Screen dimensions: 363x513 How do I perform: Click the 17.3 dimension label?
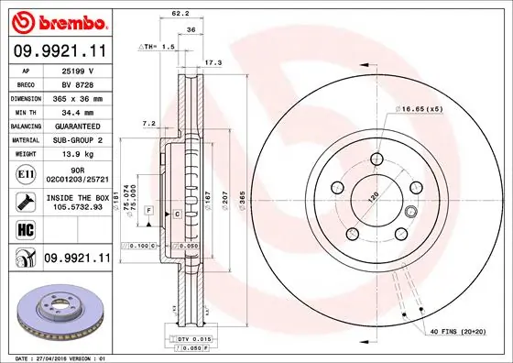point(213,62)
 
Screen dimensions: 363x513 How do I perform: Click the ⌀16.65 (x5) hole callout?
point(423,108)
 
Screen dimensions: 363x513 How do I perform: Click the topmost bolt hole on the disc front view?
point(376,159)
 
